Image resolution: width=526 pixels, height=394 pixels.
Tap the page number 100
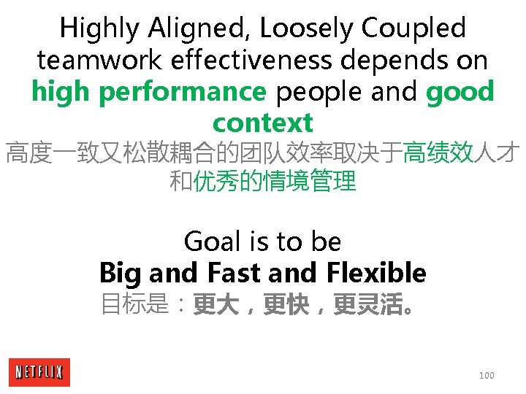[487, 375]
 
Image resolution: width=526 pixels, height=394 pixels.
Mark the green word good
[460, 92]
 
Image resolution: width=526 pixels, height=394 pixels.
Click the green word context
[262, 123]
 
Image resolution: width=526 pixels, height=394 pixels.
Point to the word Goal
[212, 242]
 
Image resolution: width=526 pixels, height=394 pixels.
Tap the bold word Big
[121, 273]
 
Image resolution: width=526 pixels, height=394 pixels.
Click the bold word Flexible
[377, 273]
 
